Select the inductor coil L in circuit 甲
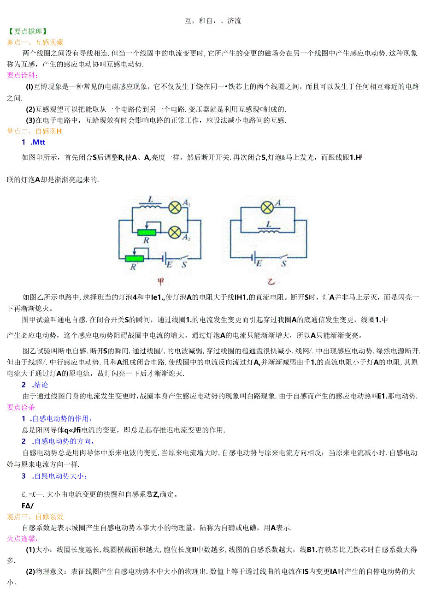click(151, 206)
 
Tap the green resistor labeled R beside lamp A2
click(147, 232)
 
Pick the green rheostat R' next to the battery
click(134, 258)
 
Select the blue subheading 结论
click(40, 385)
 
